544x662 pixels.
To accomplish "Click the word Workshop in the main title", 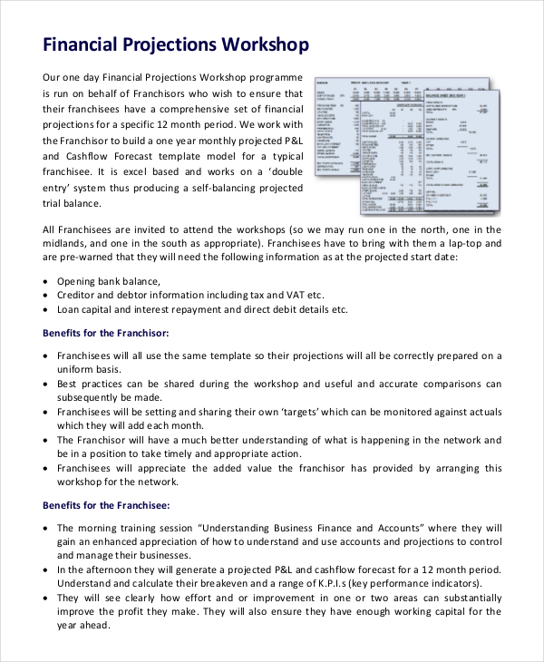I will pos(264,44).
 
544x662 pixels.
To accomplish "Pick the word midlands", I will pos(69,243).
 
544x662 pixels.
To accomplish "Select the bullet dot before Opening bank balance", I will pos(46,281).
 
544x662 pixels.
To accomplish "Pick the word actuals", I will pos(478,411).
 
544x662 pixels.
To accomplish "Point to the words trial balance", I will pos(75,202).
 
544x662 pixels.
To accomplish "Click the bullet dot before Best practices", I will pos(46,384).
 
